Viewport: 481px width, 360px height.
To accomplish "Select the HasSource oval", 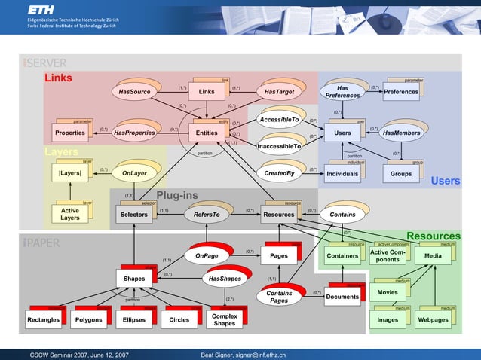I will (x=135, y=92).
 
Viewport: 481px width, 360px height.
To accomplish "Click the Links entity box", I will (x=206, y=92).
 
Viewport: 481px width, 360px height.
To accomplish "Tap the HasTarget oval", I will (x=279, y=92).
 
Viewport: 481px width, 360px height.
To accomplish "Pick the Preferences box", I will (x=400, y=92).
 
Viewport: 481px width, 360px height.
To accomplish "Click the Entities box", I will (x=207, y=133).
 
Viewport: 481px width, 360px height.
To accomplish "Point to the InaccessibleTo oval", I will (x=279, y=146).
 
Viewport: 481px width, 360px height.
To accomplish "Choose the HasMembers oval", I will (x=401, y=133).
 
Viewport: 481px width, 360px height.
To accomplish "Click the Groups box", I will (x=401, y=174).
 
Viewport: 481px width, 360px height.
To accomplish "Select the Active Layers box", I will (x=69, y=215).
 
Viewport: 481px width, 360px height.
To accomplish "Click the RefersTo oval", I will (x=206, y=215).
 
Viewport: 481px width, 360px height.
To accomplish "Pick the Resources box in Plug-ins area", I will (x=278, y=215).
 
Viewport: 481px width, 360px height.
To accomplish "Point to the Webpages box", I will (x=434, y=319).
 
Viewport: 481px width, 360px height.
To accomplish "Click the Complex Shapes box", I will (x=224, y=319).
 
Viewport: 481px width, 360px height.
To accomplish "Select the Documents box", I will (x=343, y=297).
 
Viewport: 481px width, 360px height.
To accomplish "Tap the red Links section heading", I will (x=58, y=78).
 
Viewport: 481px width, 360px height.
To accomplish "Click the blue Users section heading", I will (x=445, y=182).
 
